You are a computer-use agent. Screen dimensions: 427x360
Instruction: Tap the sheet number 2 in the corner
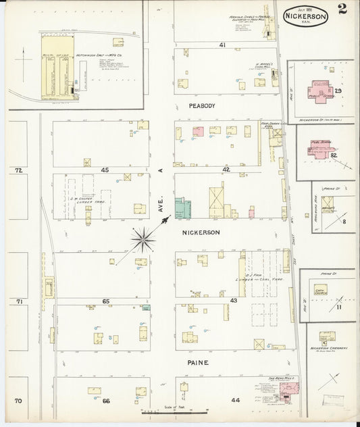tap(344, 10)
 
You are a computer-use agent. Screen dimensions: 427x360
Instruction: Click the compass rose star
tap(143, 236)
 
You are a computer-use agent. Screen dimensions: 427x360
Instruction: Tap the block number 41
tap(222, 45)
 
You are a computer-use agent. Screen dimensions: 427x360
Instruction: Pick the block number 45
tap(105, 170)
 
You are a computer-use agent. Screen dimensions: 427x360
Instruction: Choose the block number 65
tap(106, 300)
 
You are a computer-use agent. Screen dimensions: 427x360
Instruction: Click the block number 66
tap(106, 401)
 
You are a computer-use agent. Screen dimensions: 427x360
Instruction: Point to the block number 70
tap(19, 401)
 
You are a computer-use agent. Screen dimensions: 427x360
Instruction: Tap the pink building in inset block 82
tap(320, 148)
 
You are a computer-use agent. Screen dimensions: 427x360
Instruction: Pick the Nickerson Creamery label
tap(327, 348)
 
